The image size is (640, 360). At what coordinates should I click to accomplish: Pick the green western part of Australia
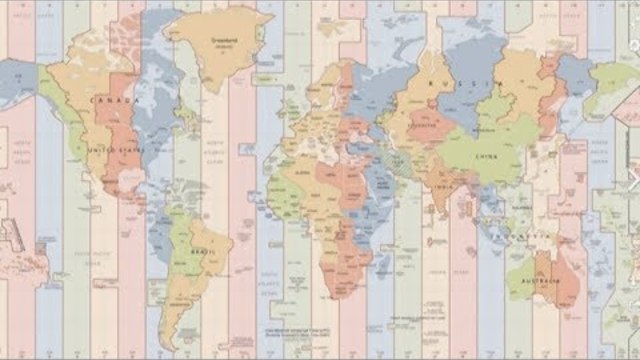click(x=522, y=280)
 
